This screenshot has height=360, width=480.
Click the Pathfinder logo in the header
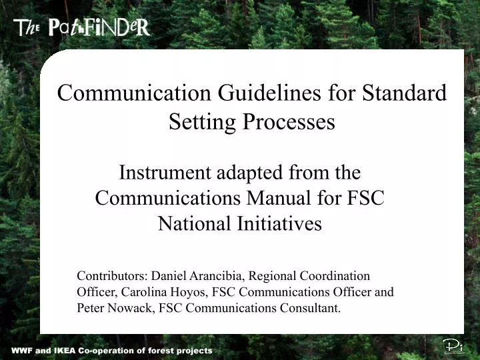click(82, 27)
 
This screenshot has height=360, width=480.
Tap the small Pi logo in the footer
click(453, 346)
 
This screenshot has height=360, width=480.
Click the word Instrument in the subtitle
click(164, 173)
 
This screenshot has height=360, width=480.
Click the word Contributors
click(111, 275)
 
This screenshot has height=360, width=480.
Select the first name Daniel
click(169, 275)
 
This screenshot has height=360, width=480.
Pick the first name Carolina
click(142, 292)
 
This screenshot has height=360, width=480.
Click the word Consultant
click(311, 308)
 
